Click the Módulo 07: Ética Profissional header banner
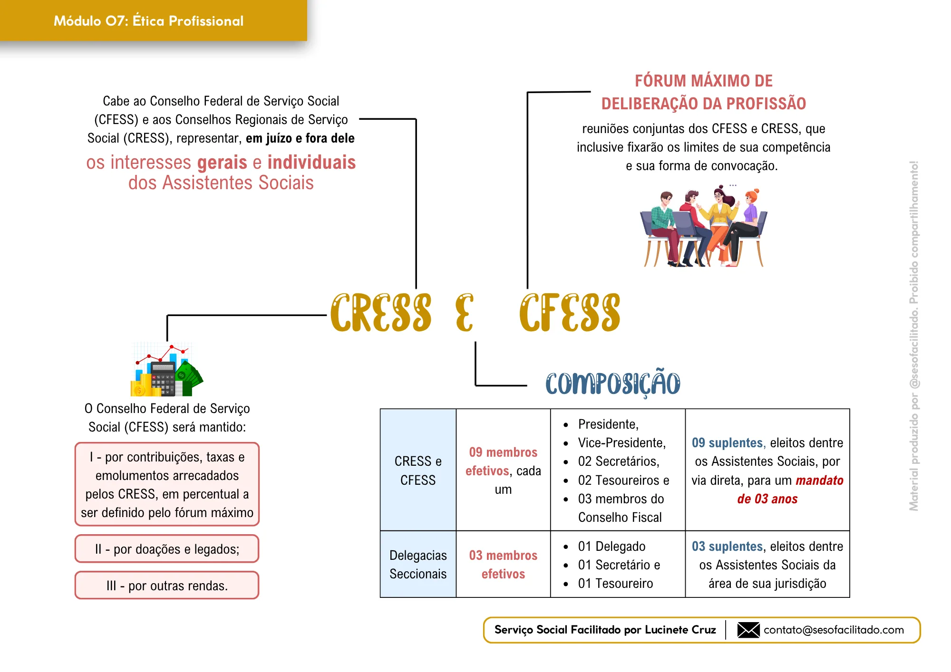click(153, 20)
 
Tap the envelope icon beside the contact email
click(748, 630)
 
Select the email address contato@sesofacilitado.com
click(834, 630)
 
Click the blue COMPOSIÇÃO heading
click(613, 383)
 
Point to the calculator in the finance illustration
click(163, 379)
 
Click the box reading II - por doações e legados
click(167, 549)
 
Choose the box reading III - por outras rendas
click(167, 586)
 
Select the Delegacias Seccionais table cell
click(418, 564)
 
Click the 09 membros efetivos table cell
click(503, 470)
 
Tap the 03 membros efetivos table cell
click(503, 564)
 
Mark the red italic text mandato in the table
click(820, 480)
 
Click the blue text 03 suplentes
click(727, 546)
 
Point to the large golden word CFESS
click(570, 312)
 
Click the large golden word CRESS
click(381, 312)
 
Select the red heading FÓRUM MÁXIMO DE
click(704, 81)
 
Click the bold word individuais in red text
click(311, 163)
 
